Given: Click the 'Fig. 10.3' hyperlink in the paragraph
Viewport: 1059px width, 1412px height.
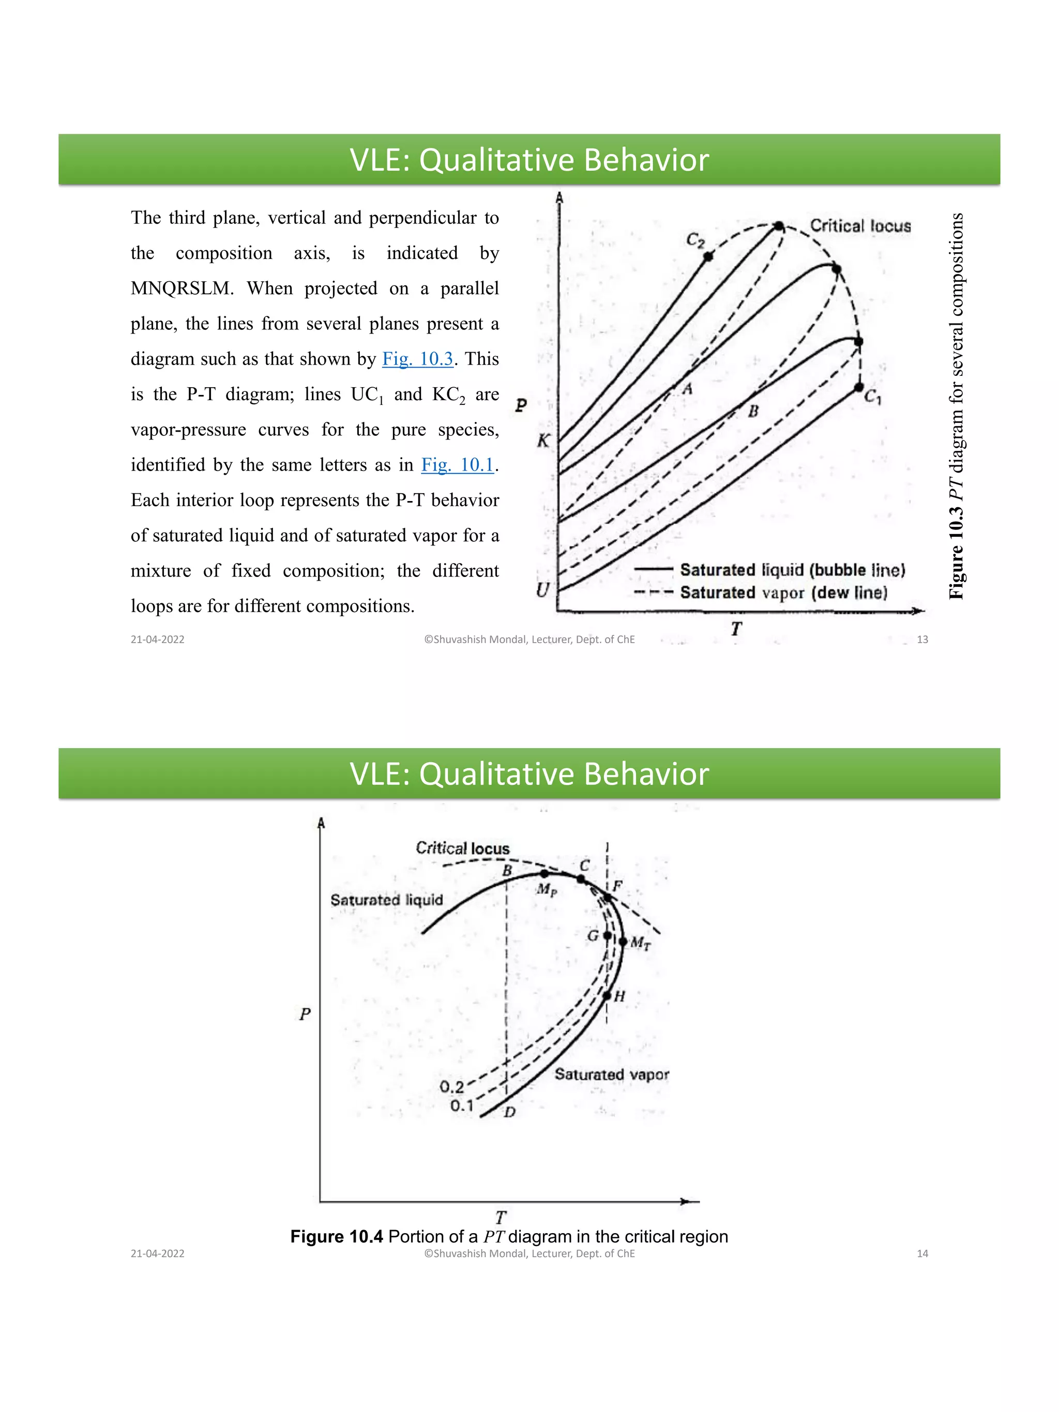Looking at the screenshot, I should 417,359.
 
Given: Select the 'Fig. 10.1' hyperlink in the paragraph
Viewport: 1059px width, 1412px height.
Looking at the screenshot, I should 457,465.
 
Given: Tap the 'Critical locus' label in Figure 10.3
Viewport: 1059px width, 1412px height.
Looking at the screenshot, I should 860,226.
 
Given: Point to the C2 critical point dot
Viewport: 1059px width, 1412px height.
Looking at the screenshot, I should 708,256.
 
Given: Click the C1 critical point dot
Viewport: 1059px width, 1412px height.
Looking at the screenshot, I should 858,387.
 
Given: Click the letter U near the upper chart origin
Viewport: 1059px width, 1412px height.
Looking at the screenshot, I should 542,590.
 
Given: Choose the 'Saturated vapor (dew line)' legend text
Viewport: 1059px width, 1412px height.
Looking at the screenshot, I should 783,593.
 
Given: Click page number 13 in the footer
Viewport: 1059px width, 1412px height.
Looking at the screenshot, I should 922,640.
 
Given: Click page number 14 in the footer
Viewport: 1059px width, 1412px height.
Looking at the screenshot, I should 922,1254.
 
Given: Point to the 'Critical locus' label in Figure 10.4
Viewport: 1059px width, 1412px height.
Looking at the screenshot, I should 462,848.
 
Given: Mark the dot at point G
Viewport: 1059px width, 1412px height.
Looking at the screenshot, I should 607,936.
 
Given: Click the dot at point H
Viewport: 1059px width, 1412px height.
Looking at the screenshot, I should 607,996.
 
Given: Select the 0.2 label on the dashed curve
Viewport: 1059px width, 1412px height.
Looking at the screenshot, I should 452,1086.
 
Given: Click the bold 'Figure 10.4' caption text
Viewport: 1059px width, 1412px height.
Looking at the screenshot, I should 337,1236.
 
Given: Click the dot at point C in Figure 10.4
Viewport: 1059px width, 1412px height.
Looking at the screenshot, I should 581,879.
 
